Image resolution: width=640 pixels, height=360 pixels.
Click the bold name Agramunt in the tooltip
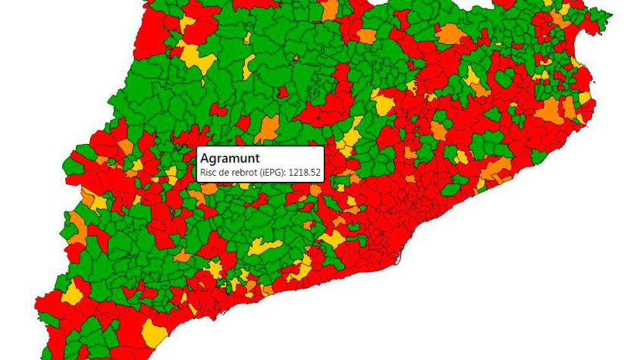[x=229, y=158]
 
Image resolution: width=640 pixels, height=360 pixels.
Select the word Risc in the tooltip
[x=208, y=173]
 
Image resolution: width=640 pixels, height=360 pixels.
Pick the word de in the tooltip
[x=223, y=173]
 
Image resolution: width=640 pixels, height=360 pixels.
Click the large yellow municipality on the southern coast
[x=155, y=332]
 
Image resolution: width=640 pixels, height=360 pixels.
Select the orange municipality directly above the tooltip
[x=267, y=129]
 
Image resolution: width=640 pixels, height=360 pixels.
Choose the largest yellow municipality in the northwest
[x=196, y=56]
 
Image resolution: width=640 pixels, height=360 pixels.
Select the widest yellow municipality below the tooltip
[x=266, y=246]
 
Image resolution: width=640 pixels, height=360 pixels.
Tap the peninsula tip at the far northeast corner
[x=607, y=15]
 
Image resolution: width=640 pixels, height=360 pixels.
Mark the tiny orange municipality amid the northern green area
[x=282, y=92]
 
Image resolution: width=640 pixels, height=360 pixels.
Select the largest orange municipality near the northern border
[x=450, y=34]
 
